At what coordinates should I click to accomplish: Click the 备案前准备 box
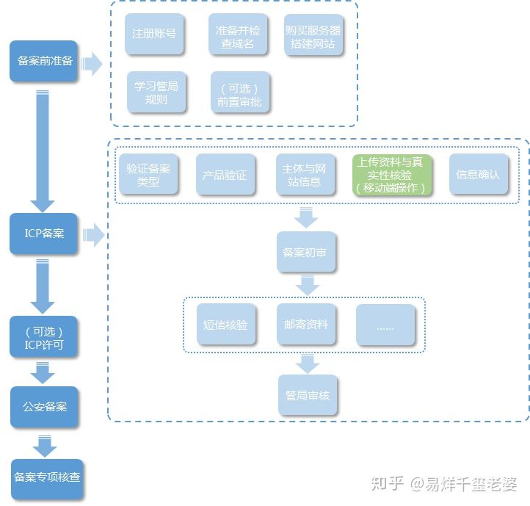click(x=44, y=61)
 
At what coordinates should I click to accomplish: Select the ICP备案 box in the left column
click(x=43, y=234)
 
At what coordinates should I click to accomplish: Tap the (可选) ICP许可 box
click(x=43, y=337)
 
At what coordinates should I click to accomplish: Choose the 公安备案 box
click(x=44, y=407)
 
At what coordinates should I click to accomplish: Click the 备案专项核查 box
click(x=46, y=477)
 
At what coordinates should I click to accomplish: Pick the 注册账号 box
click(x=154, y=34)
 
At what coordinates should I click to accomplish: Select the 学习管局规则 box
click(x=156, y=92)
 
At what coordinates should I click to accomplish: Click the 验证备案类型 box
click(x=148, y=174)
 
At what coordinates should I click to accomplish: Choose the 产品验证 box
click(x=225, y=175)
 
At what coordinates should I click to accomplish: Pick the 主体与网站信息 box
click(x=306, y=175)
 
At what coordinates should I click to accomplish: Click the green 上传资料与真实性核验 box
click(x=393, y=175)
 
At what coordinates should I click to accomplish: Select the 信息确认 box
click(x=479, y=174)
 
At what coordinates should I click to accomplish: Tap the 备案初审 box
click(x=307, y=252)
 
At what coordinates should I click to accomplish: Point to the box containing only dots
click(x=386, y=325)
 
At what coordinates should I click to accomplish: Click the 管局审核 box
click(x=308, y=395)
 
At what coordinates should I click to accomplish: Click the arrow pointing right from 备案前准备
click(x=92, y=64)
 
